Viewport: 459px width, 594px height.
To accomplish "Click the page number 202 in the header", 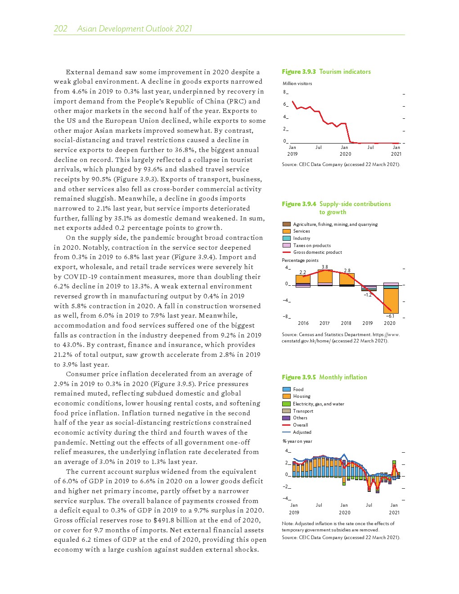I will tap(60, 29).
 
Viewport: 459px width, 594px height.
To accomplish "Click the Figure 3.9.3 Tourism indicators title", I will tap(326, 72).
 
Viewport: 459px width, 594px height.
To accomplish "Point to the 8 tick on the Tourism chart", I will tap(284, 92).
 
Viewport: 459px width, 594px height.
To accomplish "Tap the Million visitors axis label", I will tap(297, 83).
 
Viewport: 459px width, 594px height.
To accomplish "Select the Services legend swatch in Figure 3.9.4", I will tap(287, 231).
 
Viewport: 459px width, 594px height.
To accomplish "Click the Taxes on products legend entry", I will tap(312, 245).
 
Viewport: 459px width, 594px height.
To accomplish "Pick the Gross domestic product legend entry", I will tap(317, 252).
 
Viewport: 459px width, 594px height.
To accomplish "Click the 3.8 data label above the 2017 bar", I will tap(324, 267).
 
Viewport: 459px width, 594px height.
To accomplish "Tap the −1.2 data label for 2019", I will tap(368, 295).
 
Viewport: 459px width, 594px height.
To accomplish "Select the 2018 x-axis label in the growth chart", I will tap(346, 323).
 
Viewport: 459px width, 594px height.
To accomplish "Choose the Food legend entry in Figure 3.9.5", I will tap(298, 389).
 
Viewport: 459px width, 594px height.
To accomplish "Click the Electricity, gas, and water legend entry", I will tap(318, 404).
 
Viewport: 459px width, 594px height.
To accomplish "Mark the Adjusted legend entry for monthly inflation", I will tap(302, 432).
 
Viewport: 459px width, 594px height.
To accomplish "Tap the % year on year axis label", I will tap(297, 441).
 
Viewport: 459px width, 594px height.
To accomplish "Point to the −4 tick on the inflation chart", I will tap(286, 498).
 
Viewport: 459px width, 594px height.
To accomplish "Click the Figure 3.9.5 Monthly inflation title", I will tap(324, 377).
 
